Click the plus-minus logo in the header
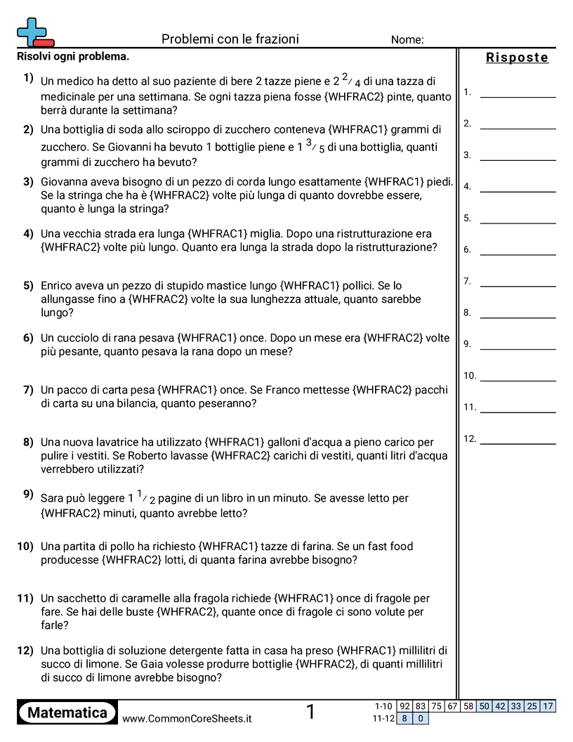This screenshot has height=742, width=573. pos(34,32)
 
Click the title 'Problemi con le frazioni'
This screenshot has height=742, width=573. pos(230,39)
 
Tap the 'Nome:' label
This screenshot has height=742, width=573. pos(407,40)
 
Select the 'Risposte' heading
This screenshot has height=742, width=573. pos(517,58)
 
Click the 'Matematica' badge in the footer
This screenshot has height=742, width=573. pos(67,713)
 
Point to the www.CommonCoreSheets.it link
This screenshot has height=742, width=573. pos(187,719)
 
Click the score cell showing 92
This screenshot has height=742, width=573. pos(404,706)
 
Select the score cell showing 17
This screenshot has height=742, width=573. pos(548,706)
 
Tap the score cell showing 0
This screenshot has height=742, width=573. pos(421,718)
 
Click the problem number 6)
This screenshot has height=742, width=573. pos(28,337)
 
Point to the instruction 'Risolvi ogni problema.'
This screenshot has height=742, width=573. pos(73,56)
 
